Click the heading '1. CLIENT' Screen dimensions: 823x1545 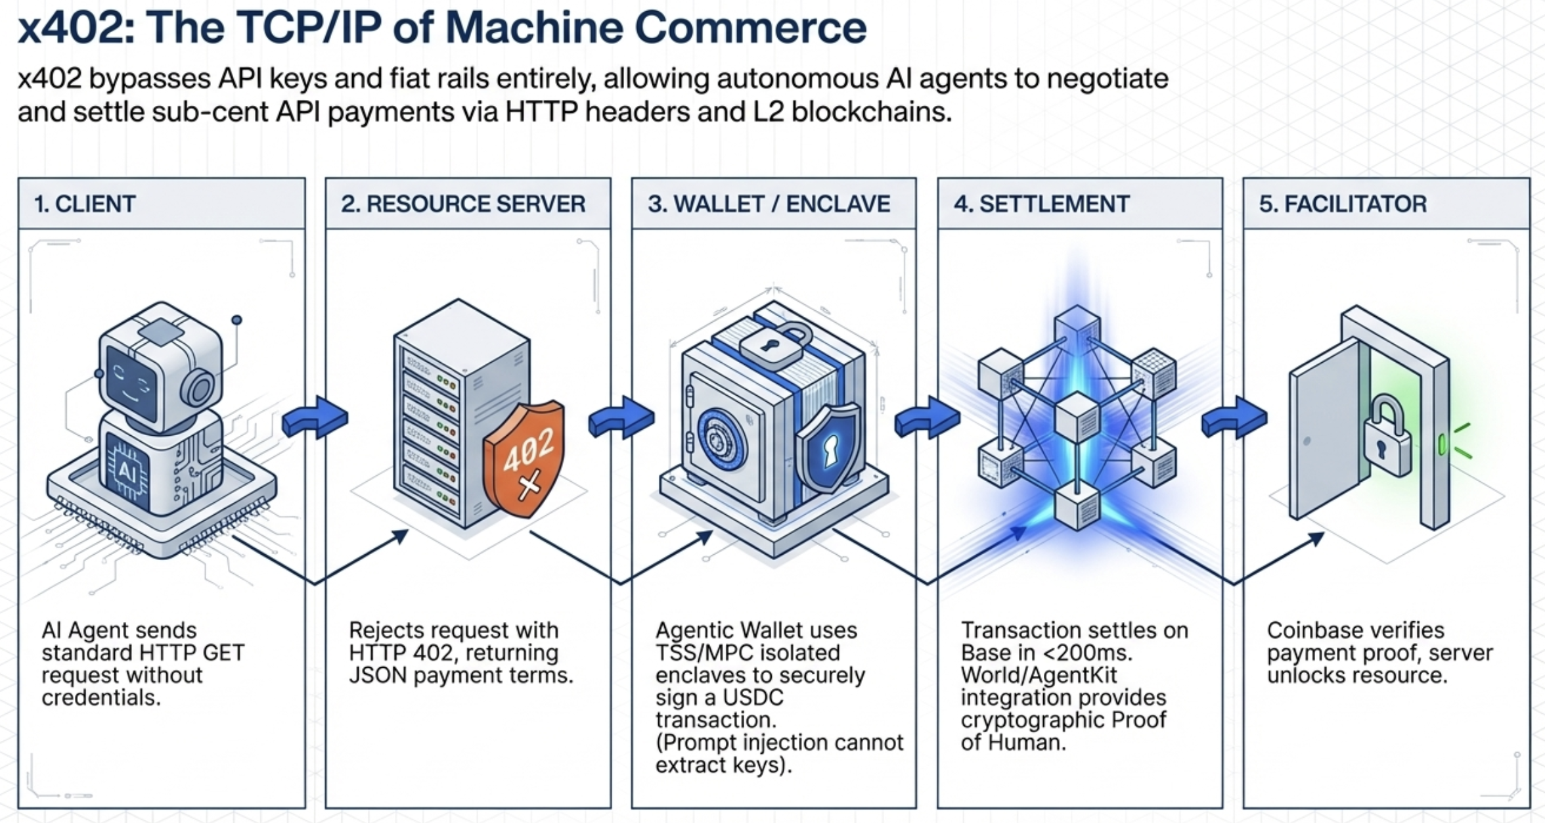(85, 204)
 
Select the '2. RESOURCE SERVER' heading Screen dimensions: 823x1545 (462, 204)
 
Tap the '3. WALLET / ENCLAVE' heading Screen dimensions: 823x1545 (769, 204)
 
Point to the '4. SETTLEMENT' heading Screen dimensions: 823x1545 (1041, 204)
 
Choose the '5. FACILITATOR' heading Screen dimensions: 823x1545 (1342, 204)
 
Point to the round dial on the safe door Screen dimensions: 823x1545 (721, 438)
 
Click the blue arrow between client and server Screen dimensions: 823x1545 (315, 417)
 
